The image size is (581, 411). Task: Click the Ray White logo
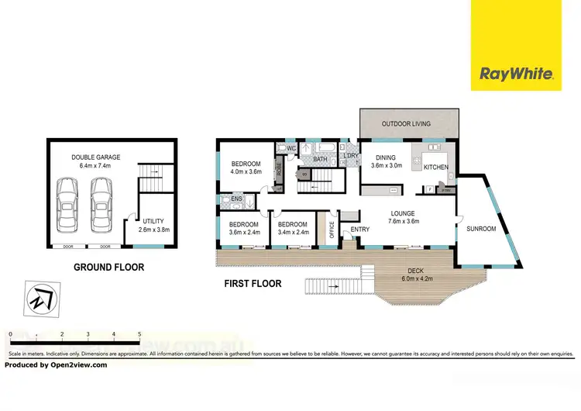516,74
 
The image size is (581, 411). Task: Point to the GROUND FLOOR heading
108,268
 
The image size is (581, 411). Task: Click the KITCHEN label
435,167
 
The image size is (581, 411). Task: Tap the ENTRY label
360,230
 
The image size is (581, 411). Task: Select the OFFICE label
332,230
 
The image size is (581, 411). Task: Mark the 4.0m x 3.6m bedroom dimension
246,172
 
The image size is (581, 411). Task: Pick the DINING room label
386,157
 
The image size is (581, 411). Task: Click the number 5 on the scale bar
139,335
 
